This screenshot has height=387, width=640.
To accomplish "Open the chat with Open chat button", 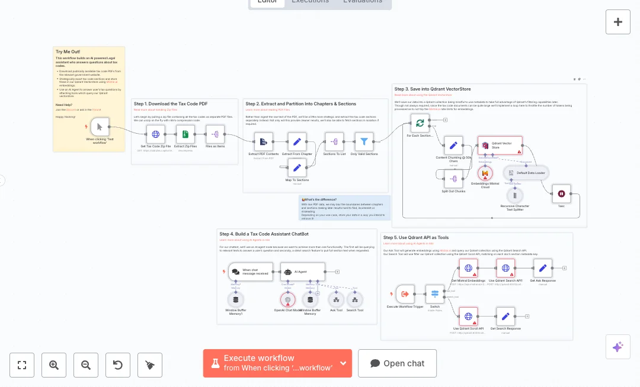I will tap(397, 363).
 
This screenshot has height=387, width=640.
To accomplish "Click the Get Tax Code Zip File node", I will tap(156, 134).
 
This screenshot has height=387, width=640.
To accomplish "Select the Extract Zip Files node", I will tap(185, 134).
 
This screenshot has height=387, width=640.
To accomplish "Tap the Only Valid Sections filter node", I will tap(364, 141).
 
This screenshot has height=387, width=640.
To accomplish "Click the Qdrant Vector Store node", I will tap(500, 146).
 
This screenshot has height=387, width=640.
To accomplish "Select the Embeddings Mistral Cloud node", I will tap(485, 173).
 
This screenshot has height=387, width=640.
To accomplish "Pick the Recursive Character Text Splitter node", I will tap(514, 195).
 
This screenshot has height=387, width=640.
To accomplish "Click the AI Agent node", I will tap(302, 272).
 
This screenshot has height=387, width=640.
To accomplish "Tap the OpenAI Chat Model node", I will tap(287, 300).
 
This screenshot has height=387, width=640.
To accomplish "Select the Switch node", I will tap(435, 294).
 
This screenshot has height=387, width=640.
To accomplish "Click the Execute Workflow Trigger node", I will tap(405, 294).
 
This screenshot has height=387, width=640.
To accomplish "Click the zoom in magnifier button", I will tap(54, 365).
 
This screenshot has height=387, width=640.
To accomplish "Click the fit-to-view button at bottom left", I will tap(22, 365).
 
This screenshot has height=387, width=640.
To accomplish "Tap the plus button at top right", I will tap(618, 22).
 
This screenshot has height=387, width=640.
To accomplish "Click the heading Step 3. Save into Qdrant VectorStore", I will tap(433, 89).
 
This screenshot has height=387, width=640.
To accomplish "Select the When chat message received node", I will tap(251, 272).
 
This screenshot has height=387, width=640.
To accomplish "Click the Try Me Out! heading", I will tap(68, 52).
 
